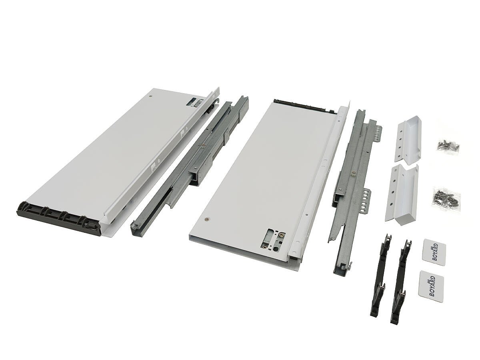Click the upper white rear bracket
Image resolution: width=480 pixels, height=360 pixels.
408,138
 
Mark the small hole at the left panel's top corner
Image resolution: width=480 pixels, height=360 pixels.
150,96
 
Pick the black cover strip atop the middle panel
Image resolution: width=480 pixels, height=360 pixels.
306,107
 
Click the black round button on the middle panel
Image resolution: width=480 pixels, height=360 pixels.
276,249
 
